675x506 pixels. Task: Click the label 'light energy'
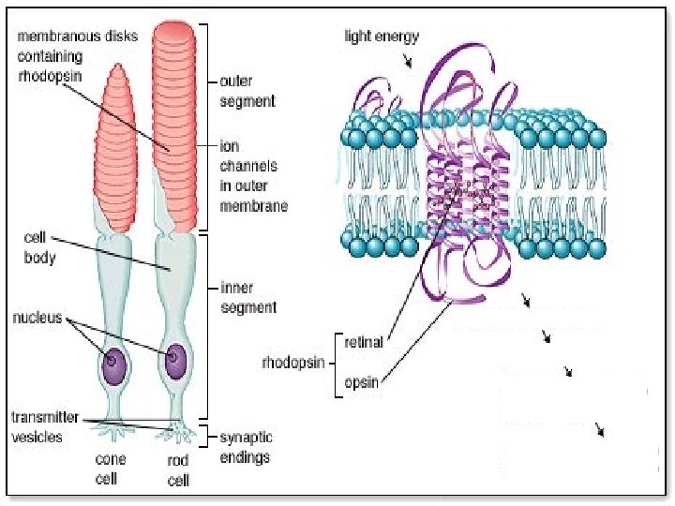click(381, 37)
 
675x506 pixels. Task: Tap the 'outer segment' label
click(247, 91)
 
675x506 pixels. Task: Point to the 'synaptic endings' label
click(245, 447)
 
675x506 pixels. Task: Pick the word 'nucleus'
click(38, 318)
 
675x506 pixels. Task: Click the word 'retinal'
click(365, 342)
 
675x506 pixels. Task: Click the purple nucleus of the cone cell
click(114, 360)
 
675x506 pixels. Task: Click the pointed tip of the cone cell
click(119, 67)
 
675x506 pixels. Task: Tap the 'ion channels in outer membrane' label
click(252, 175)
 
